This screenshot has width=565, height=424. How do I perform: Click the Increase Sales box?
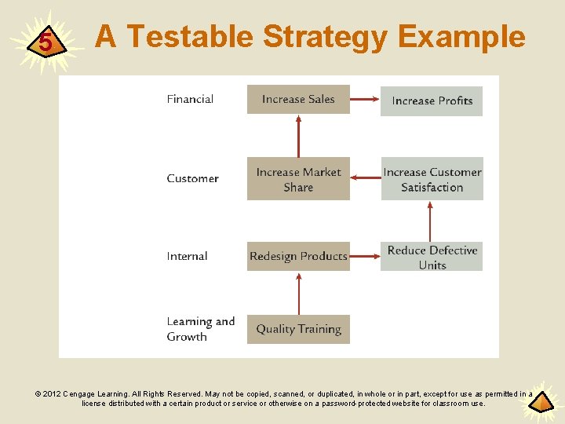click(x=298, y=100)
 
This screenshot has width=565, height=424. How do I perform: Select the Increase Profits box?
click(x=432, y=101)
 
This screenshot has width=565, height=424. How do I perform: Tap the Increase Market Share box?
click(x=298, y=180)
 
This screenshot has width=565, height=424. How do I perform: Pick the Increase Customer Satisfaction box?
click(x=432, y=180)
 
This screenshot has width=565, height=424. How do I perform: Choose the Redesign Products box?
click(x=298, y=257)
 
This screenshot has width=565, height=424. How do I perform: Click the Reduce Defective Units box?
click(x=432, y=258)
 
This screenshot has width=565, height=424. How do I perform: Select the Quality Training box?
click(x=298, y=330)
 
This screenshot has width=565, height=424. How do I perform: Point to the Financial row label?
click(x=190, y=99)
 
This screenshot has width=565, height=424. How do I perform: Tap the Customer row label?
click(x=192, y=179)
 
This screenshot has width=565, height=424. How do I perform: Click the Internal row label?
click(x=187, y=257)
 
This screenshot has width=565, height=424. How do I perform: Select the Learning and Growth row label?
click(x=200, y=329)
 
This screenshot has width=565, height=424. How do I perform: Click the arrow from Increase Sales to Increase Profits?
click(x=365, y=100)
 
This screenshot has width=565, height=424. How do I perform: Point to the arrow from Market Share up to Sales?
click(x=298, y=136)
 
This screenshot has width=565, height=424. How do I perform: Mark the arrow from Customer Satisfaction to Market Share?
click(x=366, y=178)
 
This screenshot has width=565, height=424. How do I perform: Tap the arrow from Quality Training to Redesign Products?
click(x=298, y=293)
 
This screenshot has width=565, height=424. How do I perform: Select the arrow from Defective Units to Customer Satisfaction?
click(x=430, y=221)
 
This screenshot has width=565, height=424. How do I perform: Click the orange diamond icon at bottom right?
click(x=541, y=404)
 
